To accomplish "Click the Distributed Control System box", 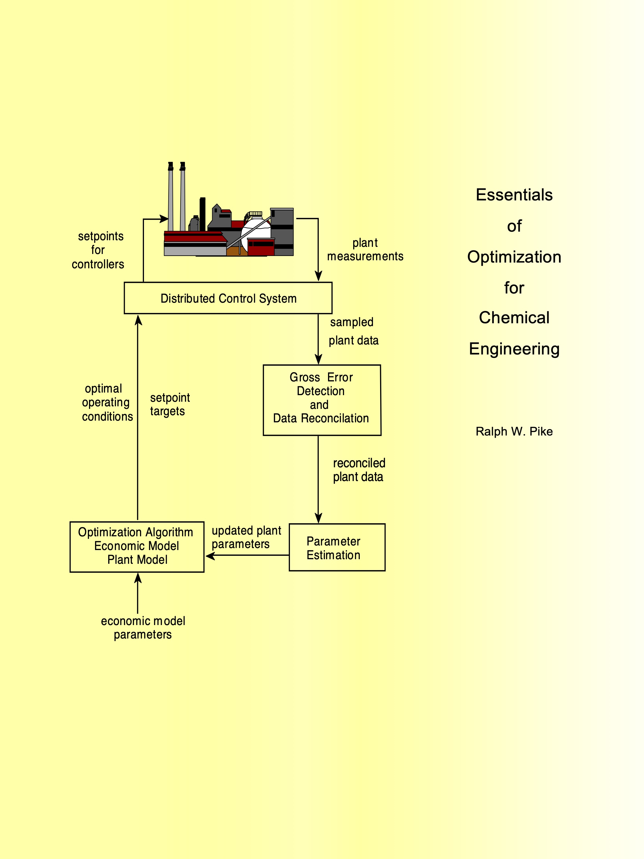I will pos(228,298).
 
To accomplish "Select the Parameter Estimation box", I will pos(337,547).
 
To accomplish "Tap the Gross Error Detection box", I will pos(322,400).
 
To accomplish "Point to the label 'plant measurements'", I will pos(365,250).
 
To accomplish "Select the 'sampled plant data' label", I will pos(353,331).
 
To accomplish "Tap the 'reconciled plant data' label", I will pos(359,470).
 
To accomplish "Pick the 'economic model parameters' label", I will pos(143,628).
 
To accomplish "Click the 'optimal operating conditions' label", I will pos(106,403).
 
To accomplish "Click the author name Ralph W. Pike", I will pos(514,432).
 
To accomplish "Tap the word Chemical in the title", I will pos(514,318).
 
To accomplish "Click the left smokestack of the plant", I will pos(170,198).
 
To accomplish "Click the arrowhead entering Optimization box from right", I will pos(210,556).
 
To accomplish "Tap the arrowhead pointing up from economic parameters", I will pos(138,579).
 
